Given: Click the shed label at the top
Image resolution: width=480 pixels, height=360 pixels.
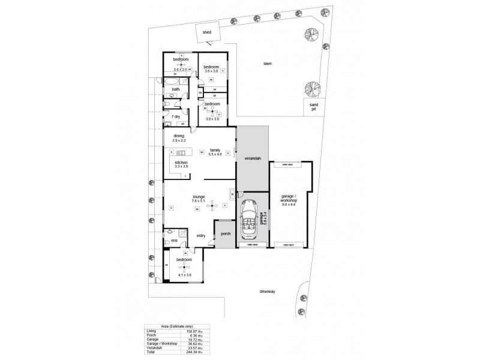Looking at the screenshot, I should [x=207, y=32].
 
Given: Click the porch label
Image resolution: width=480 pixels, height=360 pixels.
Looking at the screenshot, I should [x=226, y=233].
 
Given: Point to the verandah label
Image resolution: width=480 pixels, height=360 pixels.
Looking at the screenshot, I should [x=252, y=159].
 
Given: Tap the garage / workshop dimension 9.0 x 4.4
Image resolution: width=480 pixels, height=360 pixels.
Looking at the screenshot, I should [x=289, y=205].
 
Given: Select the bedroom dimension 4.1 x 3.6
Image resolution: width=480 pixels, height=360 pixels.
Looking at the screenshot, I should [x=184, y=275].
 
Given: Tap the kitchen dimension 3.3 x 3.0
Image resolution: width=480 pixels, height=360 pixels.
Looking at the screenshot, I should [x=182, y=166].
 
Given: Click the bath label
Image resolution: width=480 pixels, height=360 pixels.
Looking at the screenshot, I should [x=176, y=89].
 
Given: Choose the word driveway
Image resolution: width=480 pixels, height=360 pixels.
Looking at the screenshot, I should [x=266, y=292].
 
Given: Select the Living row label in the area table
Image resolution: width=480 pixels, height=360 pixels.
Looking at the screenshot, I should [x=152, y=331].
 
